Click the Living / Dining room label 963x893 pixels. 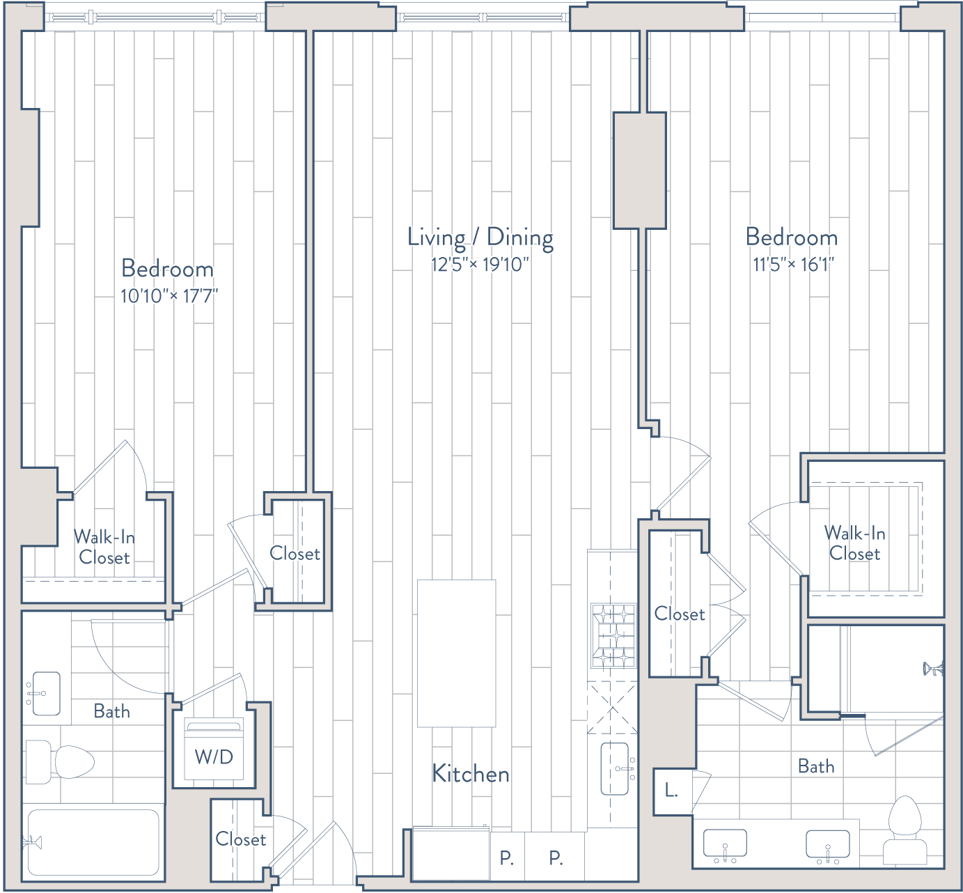[480, 238]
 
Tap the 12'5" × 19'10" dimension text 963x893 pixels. [480, 265]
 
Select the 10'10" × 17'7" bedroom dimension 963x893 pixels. [169, 295]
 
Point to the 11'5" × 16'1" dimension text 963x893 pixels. [793, 265]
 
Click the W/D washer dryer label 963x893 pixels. [214, 757]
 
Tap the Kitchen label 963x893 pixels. [470, 774]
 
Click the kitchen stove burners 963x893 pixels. [613, 636]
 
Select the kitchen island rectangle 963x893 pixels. [456, 653]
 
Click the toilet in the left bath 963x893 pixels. [59, 762]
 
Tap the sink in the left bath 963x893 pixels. [46, 694]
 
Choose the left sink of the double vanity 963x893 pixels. [725, 844]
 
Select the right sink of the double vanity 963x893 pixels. [828, 845]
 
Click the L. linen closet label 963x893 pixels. [671, 791]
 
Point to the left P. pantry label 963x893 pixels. [507, 858]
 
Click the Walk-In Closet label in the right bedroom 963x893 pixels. [855, 543]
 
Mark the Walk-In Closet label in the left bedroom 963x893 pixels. [104, 547]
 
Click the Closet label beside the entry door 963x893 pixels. [240, 839]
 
